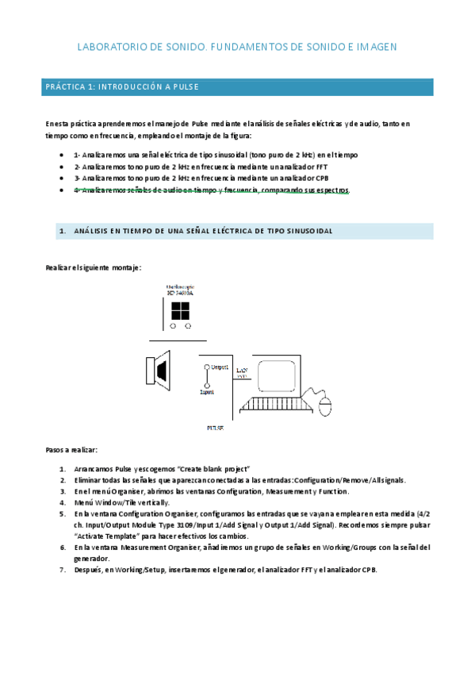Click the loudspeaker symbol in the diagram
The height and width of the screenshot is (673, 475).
159,370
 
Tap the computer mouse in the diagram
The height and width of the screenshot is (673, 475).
326,408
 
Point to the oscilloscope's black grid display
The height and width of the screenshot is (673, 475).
180,310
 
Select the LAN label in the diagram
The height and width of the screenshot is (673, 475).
241,369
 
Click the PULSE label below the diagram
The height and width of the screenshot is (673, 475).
215,428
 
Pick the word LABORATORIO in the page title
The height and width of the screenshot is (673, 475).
112,48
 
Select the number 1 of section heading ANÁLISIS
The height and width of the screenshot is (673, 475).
62,231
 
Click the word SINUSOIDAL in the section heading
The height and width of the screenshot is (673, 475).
306,231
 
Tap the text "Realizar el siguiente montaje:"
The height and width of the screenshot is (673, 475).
94,268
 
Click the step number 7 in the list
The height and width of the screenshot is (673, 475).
62,570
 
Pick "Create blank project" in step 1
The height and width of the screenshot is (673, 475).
215,468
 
